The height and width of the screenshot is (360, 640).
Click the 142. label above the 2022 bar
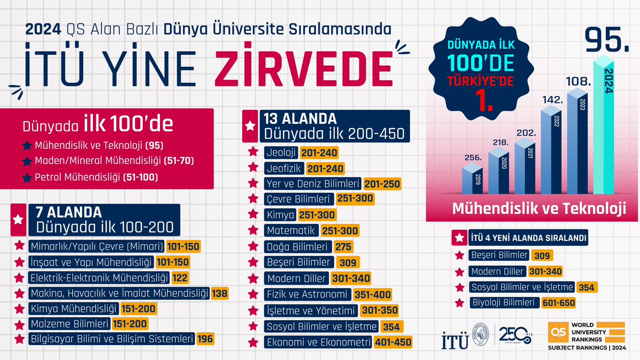pyautogui.click(x=550, y=100)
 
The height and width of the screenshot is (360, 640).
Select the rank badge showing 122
pyautogui.click(x=180, y=277)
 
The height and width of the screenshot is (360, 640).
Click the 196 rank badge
pyautogui.click(x=205, y=338)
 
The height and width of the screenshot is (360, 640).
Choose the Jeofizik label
pyautogui.click(x=281, y=169)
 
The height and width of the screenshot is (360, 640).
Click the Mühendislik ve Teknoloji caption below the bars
pyautogui.click(x=539, y=208)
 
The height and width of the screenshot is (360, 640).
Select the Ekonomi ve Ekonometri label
pyautogui.click(x=318, y=342)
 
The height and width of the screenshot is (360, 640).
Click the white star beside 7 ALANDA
pyautogui.click(x=18, y=219)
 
